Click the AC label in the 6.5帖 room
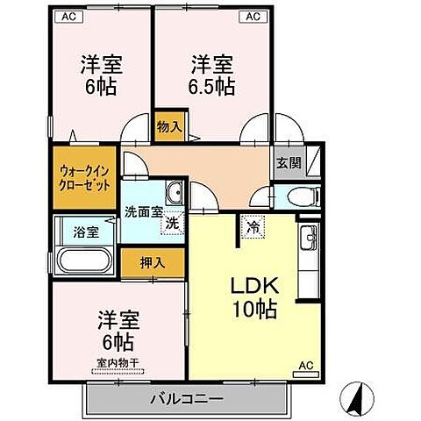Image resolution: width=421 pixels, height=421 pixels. (253, 16)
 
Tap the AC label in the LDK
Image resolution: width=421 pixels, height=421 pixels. (306, 363)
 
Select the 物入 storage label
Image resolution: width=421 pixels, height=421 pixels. (168, 126)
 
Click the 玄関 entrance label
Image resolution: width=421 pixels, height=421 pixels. (288, 163)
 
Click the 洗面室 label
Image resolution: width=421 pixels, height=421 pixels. (142, 211)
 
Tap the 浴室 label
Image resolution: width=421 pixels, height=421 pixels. (84, 232)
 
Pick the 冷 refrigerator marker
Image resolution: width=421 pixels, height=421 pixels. (251, 226)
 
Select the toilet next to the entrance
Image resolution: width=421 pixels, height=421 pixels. (295, 196)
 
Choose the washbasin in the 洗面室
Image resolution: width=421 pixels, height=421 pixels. (174, 192)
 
